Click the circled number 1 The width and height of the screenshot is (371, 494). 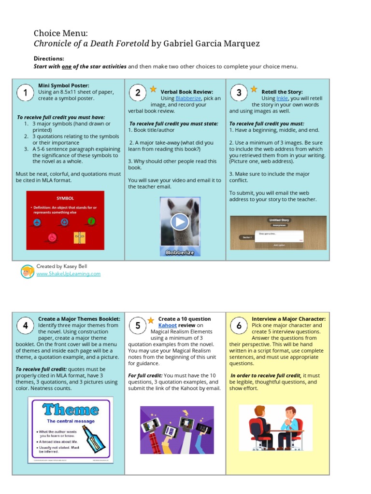pos(24,93)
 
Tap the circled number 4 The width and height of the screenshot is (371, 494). pos(25,326)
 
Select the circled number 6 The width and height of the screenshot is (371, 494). pos(239,326)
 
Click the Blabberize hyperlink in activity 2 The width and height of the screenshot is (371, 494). pos(188,98)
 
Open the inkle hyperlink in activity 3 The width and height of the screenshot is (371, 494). pos(282,98)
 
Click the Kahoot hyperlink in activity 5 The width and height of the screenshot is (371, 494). pos(168,325)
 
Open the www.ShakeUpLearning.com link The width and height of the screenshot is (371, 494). pos(69,274)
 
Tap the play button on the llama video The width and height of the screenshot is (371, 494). pos(180,222)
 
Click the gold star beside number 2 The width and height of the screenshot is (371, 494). pos(153,89)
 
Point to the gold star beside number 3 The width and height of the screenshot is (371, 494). pos(254,89)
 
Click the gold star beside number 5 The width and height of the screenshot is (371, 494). pos(151,320)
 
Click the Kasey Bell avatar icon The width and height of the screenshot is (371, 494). pos(27,271)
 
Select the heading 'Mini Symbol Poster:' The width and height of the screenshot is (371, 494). pos(64,86)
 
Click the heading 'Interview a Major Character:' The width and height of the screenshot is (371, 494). pos(288,319)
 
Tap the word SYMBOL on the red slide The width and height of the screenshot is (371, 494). pos(65,198)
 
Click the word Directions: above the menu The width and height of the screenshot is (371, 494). pos(49,58)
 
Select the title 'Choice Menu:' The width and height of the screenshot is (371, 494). pos(61,33)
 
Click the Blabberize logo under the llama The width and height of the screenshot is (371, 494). pos(180,251)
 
